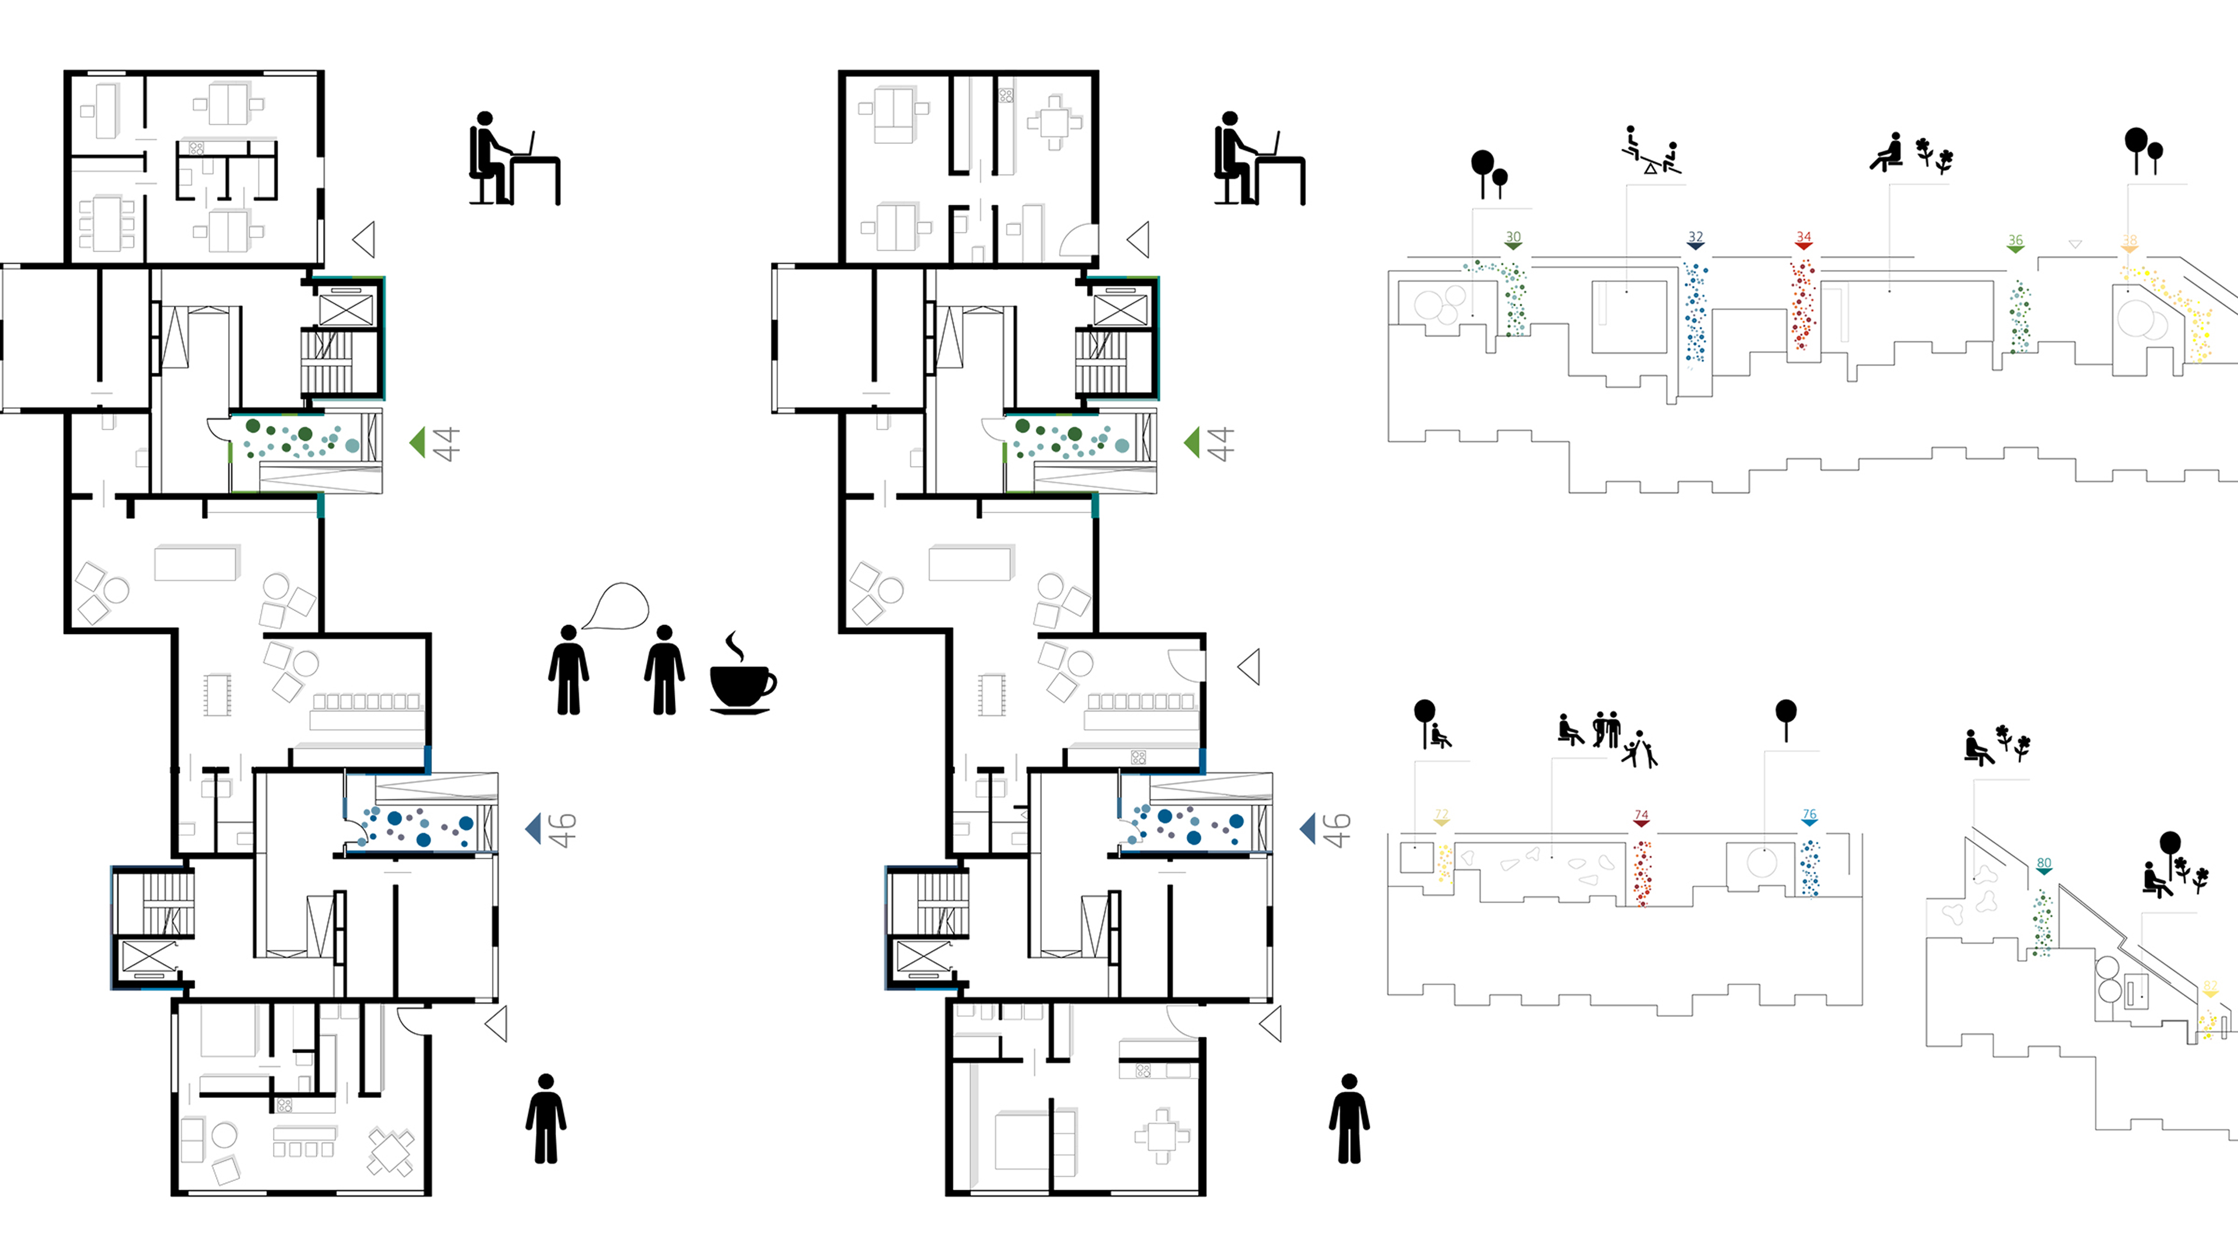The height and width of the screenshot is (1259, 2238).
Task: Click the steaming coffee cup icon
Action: tap(741, 676)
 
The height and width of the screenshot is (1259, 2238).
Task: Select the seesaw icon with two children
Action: tap(1651, 152)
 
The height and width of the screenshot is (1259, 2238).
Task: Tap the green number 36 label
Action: tap(2015, 240)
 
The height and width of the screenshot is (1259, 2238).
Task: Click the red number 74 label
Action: tap(1641, 815)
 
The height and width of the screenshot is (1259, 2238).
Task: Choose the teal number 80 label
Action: tap(2044, 863)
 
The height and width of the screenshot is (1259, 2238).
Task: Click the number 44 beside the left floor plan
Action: tap(446, 444)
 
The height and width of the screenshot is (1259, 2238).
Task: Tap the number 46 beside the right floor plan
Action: tap(1337, 830)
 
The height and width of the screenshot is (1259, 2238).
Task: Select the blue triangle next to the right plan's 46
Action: tap(1308, 828)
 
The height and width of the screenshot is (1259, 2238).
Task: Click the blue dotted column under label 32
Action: tap(1696, 313)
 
